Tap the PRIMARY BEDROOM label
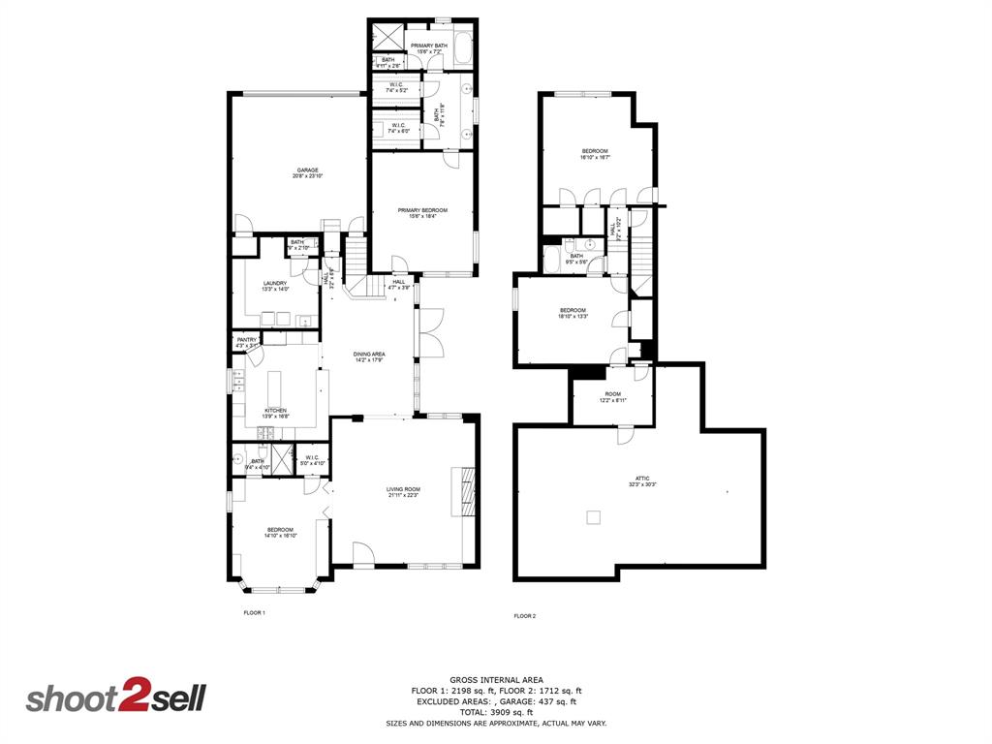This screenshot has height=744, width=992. tap(422, 213)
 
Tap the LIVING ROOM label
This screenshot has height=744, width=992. tap(403, 492)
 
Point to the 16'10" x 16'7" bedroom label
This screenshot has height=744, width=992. tap(595, 153)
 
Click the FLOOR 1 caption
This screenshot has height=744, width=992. tap(254, 613)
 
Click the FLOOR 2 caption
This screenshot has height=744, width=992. tap(524, 616)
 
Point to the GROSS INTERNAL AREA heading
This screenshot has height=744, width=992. tap(496, 679)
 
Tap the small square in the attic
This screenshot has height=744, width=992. tap(593, 517)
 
